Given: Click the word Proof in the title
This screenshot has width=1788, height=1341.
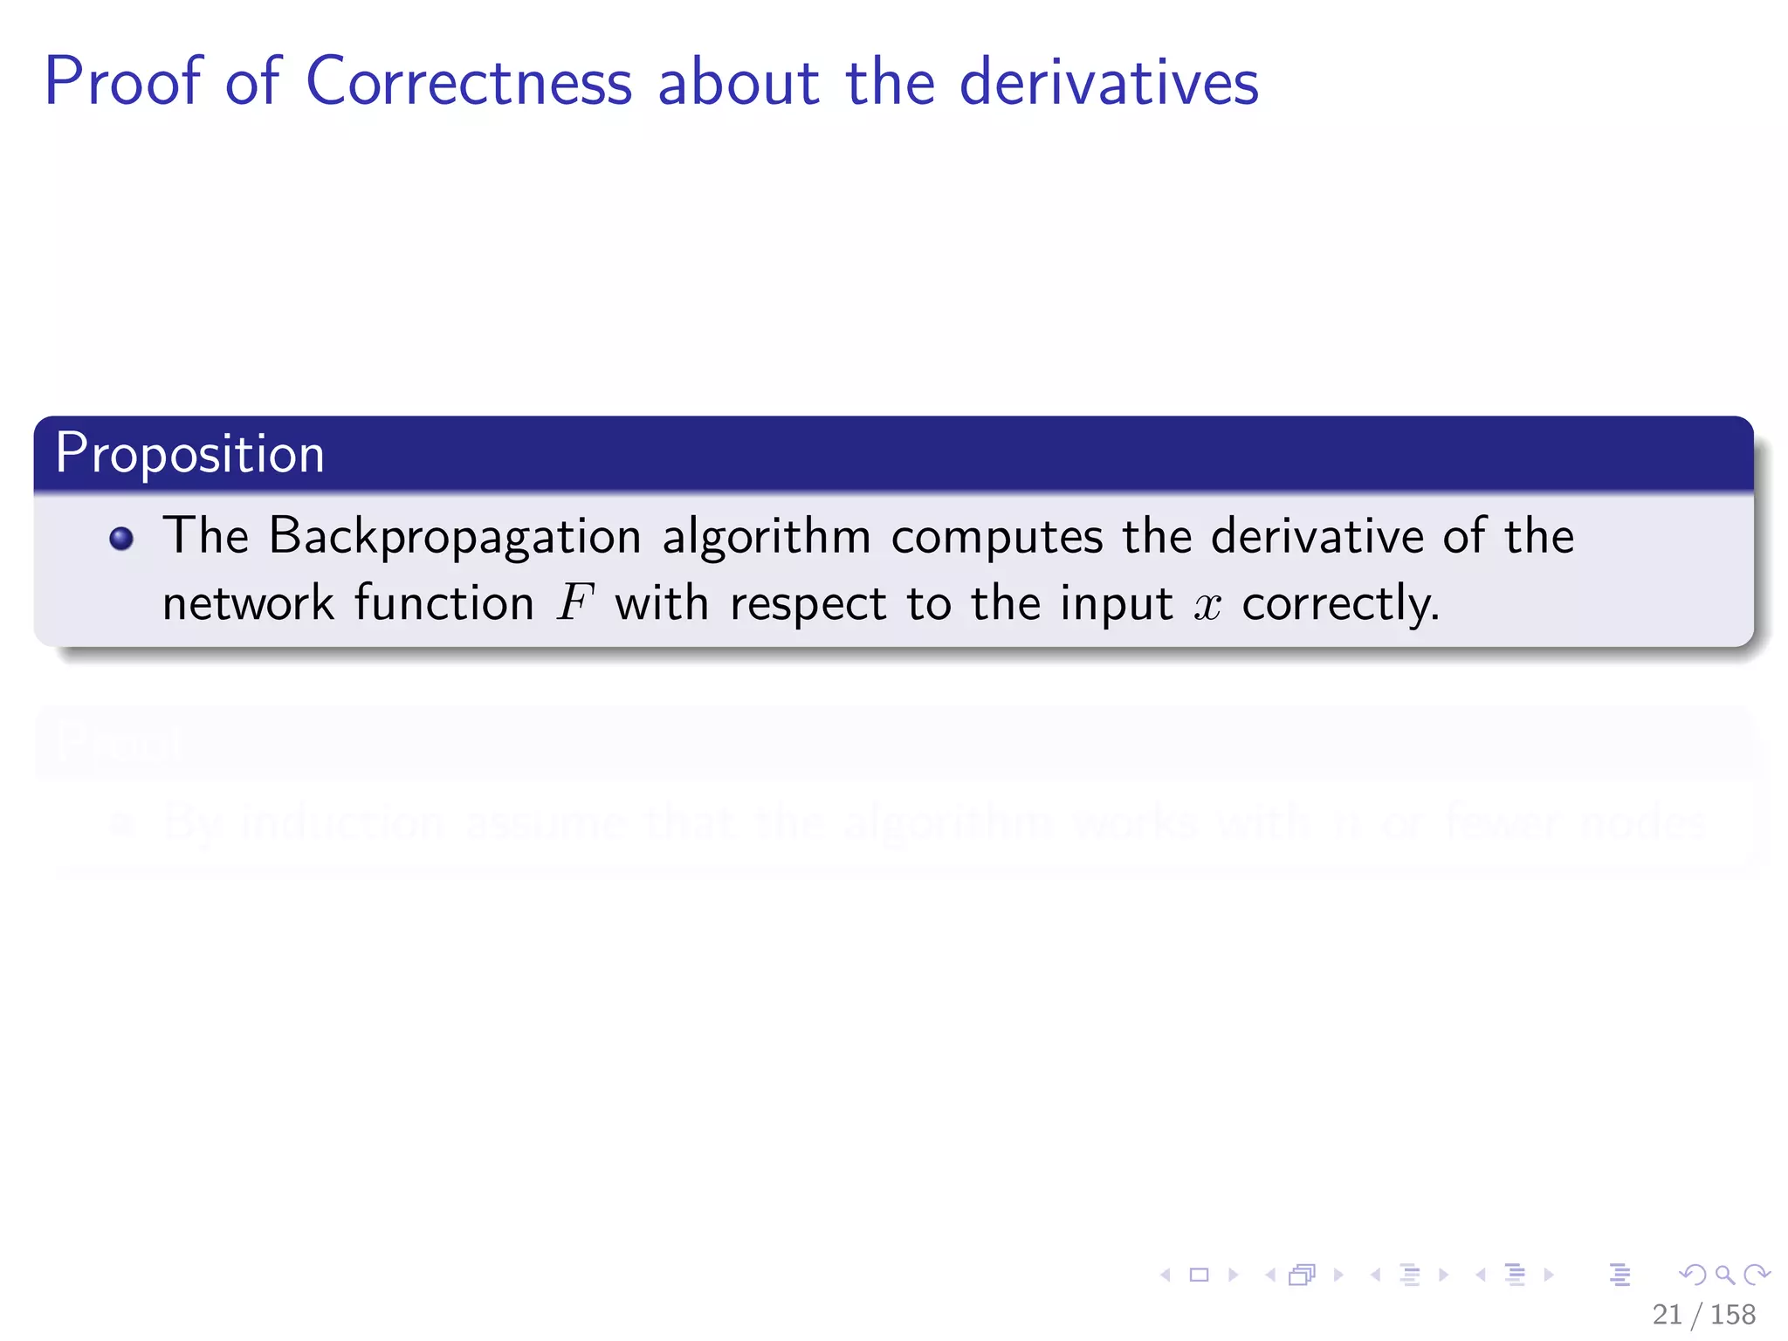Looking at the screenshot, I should pos(123,82).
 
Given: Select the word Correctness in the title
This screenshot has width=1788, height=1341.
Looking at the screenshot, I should pos(469,82).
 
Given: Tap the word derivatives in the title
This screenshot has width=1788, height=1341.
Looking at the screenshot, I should pos(1109,82).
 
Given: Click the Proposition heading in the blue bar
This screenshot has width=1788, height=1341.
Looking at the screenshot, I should pos(189,454).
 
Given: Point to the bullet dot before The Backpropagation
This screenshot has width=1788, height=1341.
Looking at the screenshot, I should pos(121,538).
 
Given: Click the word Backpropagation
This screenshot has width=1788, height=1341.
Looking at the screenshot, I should pos(455,537).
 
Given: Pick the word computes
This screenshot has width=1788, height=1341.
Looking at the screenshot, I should pos(997,537).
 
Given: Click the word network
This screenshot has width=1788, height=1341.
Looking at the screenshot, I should pos(249,603).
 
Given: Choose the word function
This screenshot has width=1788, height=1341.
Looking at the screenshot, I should pos(444,603).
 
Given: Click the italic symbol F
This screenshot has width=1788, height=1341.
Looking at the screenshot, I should pos(575,603).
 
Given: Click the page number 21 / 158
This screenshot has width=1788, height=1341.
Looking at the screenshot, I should pos(1703,1314).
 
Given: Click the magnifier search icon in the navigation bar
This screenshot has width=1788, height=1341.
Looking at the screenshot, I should pos(1724,1276).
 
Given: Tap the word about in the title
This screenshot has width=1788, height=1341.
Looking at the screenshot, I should pos(738,82).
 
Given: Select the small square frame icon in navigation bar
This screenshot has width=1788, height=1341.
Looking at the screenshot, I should pos(1200,1276).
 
